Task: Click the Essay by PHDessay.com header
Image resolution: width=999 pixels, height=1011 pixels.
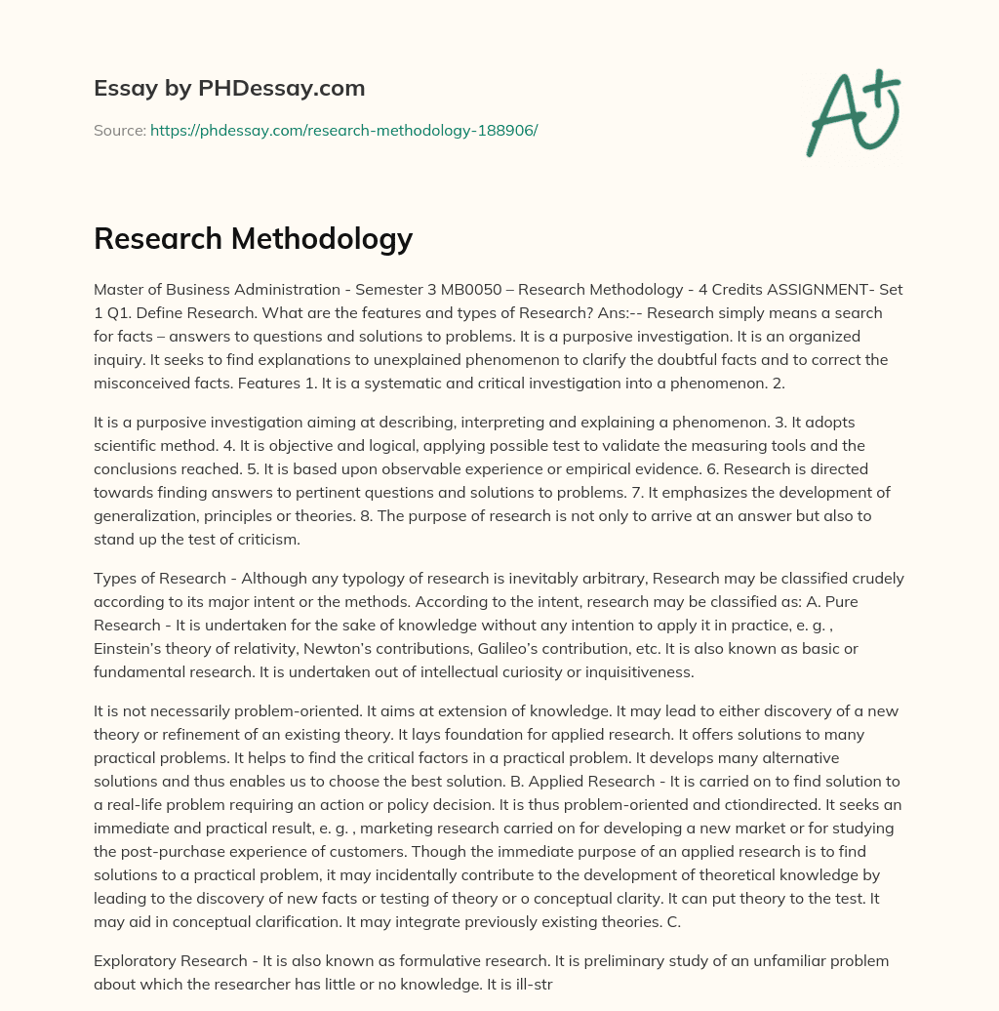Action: (x=229, y=89)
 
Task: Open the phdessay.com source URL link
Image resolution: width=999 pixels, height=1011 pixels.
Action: (x=343, y=130)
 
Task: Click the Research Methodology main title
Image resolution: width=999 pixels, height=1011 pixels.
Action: (x=254, y=239)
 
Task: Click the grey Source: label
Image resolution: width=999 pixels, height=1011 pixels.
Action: (x=120, y=130)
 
